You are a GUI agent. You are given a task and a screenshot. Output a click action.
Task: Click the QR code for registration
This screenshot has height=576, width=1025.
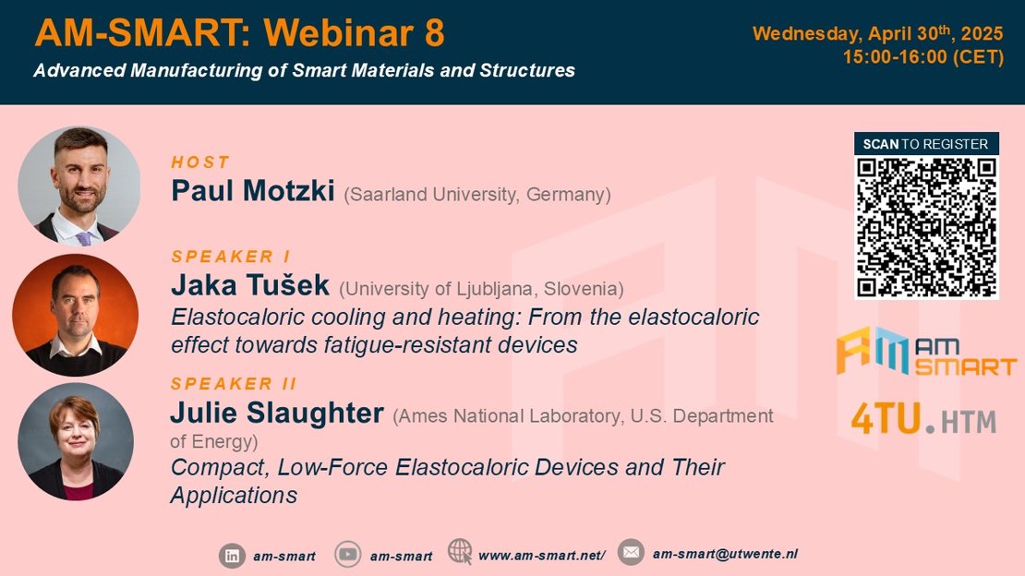[926, 227]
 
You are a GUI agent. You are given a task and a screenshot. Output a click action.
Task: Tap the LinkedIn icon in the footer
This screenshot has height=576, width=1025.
[232, 556]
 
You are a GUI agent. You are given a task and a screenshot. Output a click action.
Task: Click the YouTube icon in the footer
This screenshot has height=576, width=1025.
[348, 555]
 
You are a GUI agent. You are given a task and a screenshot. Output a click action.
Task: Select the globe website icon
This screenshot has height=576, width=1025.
[460, 551]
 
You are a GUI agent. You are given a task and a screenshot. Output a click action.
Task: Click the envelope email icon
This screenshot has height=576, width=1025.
[631, 553]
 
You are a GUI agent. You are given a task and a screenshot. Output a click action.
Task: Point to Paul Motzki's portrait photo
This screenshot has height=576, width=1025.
[79, 186]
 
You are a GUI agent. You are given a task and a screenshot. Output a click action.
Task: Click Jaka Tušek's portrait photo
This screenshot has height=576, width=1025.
[75, 315]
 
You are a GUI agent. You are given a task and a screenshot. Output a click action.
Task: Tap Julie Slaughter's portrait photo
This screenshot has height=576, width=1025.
[76, 442]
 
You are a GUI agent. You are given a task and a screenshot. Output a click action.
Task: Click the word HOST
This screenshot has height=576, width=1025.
[200, 162]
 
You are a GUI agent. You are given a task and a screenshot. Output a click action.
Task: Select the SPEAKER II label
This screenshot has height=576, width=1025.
[234, 384]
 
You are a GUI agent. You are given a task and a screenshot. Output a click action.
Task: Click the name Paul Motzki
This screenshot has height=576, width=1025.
[253, 191]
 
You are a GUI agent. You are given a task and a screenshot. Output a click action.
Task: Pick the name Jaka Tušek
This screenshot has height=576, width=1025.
[250, 285]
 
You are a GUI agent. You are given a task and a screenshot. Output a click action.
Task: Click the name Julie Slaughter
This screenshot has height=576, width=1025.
[277, 414]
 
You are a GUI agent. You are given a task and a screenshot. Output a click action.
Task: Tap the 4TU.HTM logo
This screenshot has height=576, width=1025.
[923, 419]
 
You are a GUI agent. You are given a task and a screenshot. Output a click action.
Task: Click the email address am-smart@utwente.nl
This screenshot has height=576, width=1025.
[725, 554]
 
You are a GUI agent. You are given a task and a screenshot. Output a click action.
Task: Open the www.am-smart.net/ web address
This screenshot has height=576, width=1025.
[542, 556]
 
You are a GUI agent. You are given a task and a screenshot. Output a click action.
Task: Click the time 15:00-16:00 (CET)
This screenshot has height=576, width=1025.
[923, 57]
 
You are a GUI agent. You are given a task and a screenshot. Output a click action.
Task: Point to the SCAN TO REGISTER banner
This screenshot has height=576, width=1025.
[926, 144]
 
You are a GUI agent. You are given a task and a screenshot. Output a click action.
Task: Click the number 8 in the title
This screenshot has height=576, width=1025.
[435, 32]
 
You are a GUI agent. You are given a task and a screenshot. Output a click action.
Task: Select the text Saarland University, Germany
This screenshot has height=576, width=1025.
[477, 195]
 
